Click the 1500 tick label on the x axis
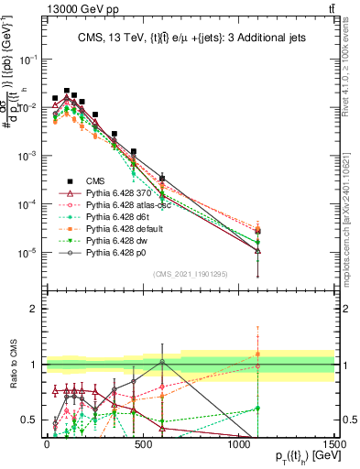pyautogui.click(x=334, y=444)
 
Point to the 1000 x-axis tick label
pyautogui.click(x=238, y=444)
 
